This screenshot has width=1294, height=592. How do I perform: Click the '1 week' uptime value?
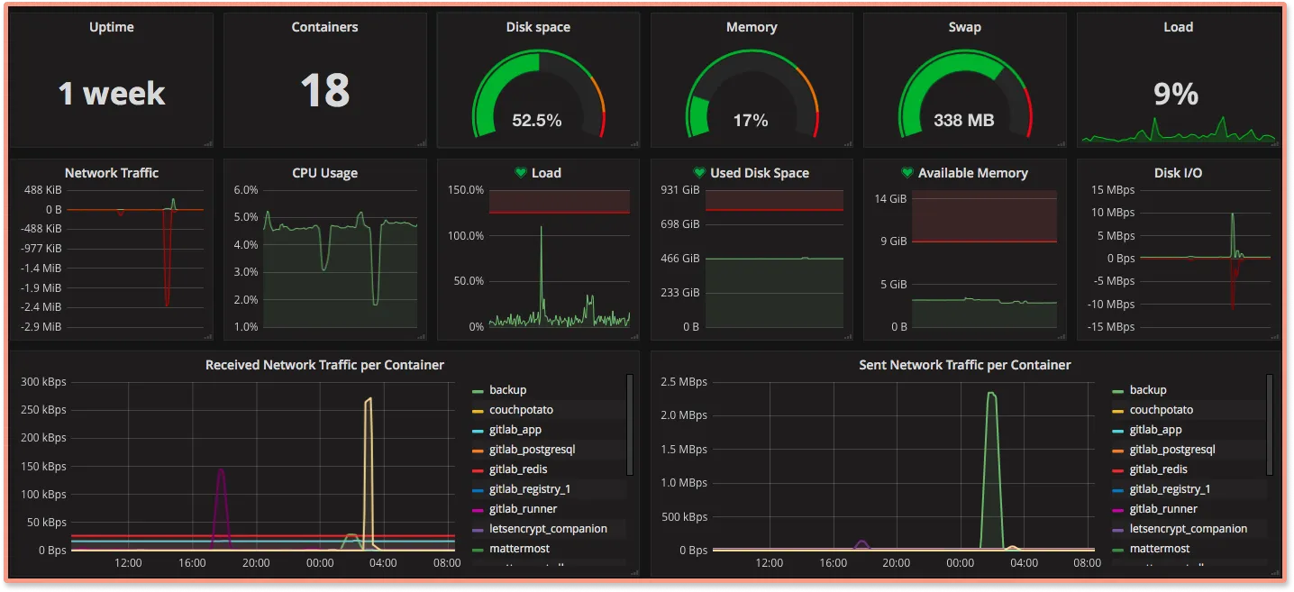coord(112,94)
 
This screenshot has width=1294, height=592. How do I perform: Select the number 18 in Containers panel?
coord(324,91)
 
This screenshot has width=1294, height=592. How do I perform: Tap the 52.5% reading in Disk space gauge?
coord(537,120)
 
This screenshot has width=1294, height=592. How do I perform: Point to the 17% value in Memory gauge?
coord(751,120)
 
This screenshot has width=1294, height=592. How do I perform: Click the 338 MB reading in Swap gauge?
coord(963,120)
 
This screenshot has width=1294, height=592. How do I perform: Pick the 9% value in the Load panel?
coord(1176,94)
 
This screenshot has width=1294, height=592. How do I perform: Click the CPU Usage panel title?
coord(324,173)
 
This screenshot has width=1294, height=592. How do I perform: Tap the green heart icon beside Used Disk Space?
coord(699,173)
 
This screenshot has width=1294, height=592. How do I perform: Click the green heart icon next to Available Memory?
coord(907,173)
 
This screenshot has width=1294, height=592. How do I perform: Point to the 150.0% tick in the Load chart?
coord(466,190)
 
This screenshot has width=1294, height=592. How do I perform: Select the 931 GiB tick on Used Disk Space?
coord(680,190)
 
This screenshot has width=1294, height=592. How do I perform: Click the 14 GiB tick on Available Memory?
coord(891,198)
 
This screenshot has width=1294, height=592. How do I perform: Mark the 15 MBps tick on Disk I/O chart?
coord(1112,189)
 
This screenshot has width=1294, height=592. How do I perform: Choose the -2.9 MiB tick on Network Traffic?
coord(42,326)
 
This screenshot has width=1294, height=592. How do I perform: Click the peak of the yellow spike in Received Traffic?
coord(368,399)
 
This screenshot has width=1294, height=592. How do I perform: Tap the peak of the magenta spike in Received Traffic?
coord(221,469)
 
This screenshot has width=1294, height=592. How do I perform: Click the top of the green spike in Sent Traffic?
coord(991,393)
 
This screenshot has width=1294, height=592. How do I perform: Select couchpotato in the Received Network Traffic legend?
coord(521,410)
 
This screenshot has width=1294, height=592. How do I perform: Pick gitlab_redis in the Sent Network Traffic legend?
coord(1158,469)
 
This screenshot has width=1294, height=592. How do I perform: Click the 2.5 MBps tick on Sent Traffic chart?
coord(681,382)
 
